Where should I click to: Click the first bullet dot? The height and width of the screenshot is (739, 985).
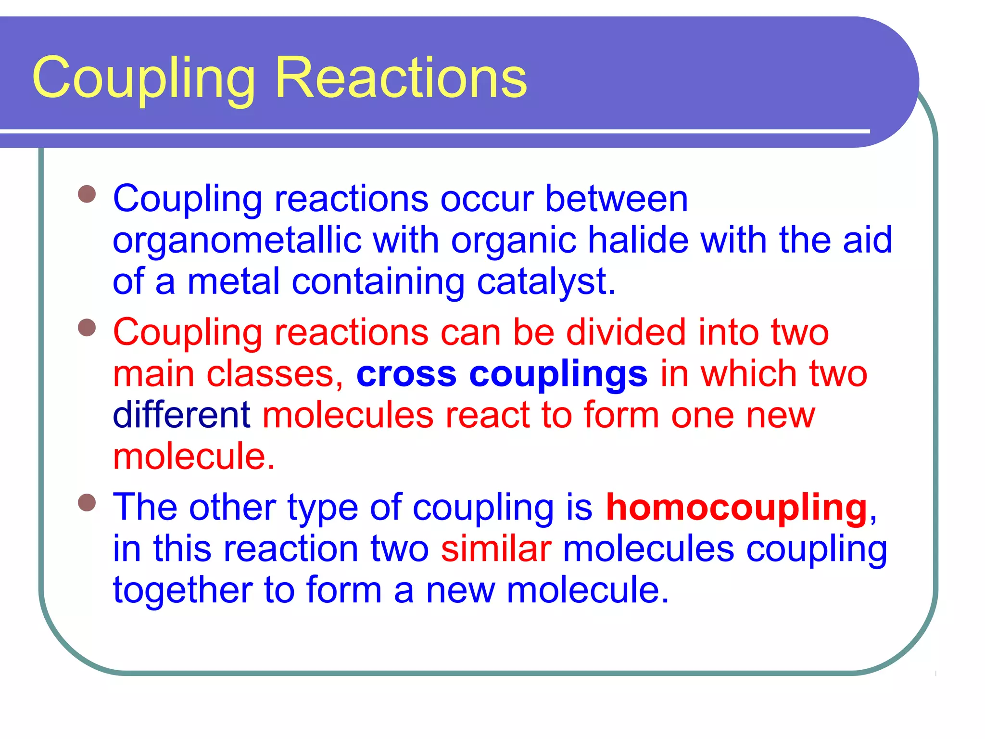[87, 194]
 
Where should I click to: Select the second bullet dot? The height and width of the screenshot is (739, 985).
[87, 328]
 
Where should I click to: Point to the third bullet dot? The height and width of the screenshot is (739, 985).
[87, 503]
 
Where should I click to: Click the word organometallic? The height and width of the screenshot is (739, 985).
[237, 241]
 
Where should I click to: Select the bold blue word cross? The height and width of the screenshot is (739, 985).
[406, 374]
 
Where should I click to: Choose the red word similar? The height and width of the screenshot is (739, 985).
[496, 549]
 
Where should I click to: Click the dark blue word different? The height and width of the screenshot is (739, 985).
[181, 415]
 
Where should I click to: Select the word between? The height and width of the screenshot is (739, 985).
[616, 198]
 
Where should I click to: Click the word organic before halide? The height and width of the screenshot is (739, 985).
[513, 241]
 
